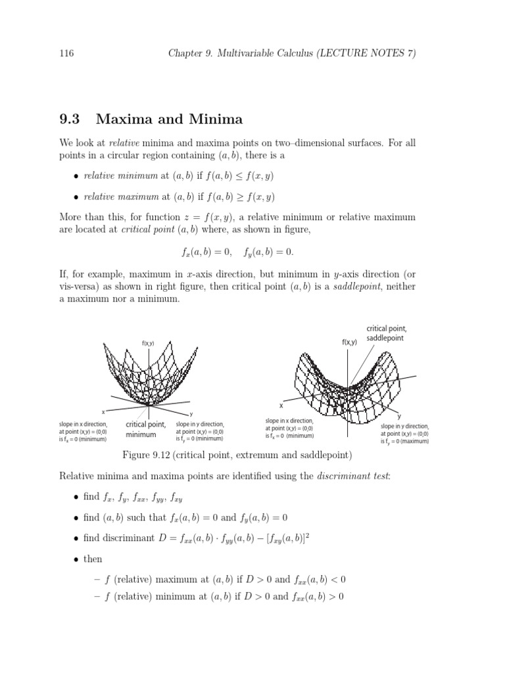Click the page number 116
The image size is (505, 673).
(x=67, y=54)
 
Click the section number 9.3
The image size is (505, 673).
(x=70, y=119)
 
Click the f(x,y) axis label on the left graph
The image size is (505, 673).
(x=148, y=342)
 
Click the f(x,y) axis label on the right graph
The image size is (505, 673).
(x=349, y=342)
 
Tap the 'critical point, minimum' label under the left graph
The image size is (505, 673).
(x=145, y=429)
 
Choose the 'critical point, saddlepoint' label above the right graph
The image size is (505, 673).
(x=387, y=333)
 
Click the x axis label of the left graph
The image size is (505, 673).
(x=103, y=412)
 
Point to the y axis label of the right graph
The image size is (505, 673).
(x=398, y=417)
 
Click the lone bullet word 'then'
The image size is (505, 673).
(x=93, y=559)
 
